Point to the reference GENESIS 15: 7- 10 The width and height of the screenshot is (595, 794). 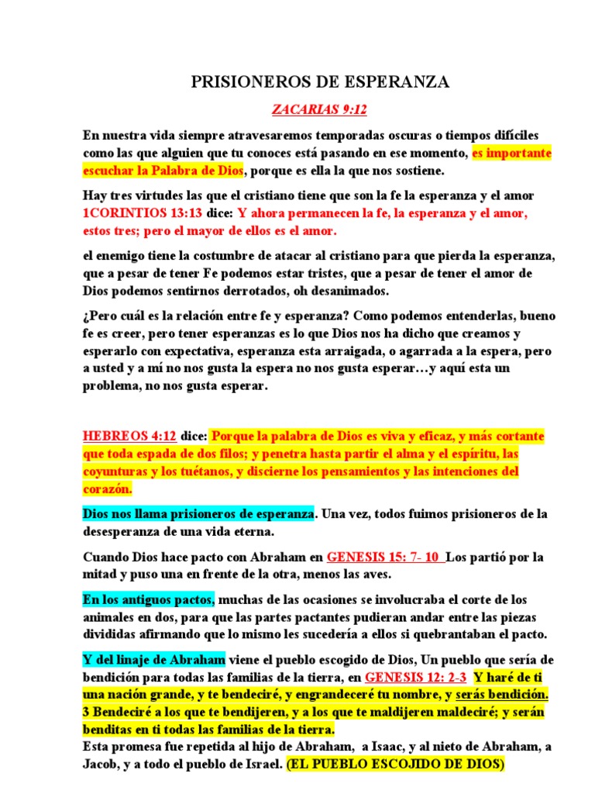coord(386,557)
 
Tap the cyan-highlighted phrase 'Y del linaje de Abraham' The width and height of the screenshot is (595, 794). coord(154,660)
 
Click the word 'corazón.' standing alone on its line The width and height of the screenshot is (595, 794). coord(108,489)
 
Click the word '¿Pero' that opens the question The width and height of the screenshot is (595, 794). coord(101,316)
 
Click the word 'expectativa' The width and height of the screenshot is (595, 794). coord(184,351)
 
